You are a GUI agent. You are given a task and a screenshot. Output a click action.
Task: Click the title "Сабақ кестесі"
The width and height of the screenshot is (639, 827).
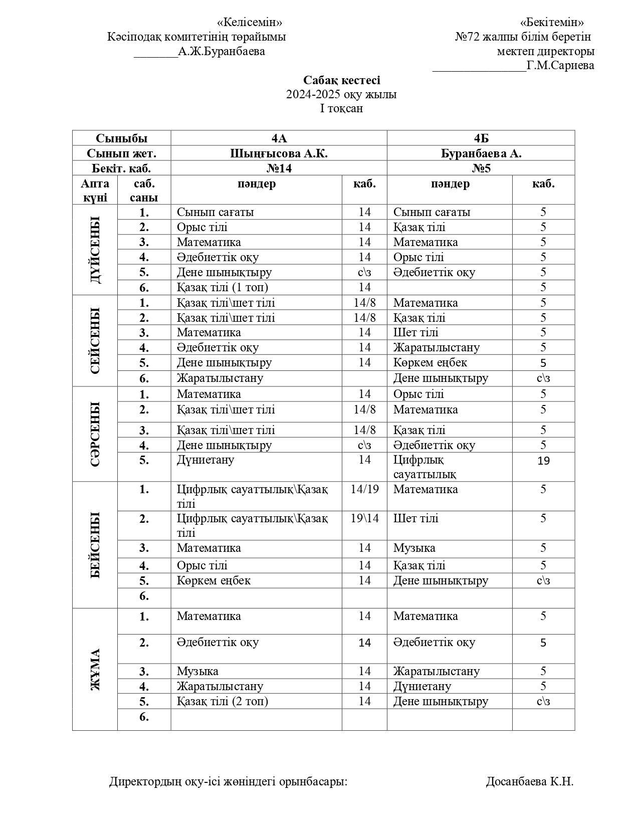[x=341, y=80]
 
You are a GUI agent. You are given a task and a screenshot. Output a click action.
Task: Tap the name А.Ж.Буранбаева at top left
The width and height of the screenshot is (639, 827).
[x=222, y=51]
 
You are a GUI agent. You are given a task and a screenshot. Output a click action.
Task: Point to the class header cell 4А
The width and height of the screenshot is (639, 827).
[x=279, y=138]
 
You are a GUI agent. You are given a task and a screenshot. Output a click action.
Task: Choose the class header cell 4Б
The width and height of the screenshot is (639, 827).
[x=481, y=138]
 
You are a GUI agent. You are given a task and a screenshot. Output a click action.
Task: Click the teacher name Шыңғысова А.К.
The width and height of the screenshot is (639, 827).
[x=279, y=153]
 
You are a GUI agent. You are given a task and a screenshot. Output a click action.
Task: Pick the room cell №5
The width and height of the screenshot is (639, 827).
[x=481, y=168]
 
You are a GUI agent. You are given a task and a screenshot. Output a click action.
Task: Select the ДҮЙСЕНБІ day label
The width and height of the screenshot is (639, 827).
[x=95, y=250]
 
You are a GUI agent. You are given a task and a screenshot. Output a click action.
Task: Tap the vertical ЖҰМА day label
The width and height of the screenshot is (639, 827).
[x=95, y=669]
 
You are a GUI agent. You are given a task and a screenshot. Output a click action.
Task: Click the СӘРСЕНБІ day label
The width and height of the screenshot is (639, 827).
[x=95, y=434]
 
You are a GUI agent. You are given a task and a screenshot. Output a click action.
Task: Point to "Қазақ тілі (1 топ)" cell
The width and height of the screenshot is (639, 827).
[x=222, y=287]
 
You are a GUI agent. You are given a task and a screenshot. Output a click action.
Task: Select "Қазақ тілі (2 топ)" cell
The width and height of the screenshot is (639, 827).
[x=222, y=701]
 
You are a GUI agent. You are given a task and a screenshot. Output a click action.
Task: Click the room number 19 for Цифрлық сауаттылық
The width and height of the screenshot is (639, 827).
[x=543, y=461]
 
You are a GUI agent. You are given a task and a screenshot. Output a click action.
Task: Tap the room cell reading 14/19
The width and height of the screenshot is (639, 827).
[x=364, y=489]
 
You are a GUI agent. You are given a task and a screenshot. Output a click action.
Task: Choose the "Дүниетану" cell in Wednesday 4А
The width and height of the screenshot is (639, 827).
[x=205, y=460]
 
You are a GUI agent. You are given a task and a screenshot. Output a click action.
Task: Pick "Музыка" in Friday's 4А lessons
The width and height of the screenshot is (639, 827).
[x=197, y=671]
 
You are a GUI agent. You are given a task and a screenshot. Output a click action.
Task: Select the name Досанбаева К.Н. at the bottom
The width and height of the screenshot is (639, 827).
[x=529, y=781]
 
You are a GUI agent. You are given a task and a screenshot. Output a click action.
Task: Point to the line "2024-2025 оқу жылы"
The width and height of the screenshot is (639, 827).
[x=341, y=94]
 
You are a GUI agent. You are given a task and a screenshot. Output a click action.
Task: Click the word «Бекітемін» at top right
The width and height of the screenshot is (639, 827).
[x=552, y=23]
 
